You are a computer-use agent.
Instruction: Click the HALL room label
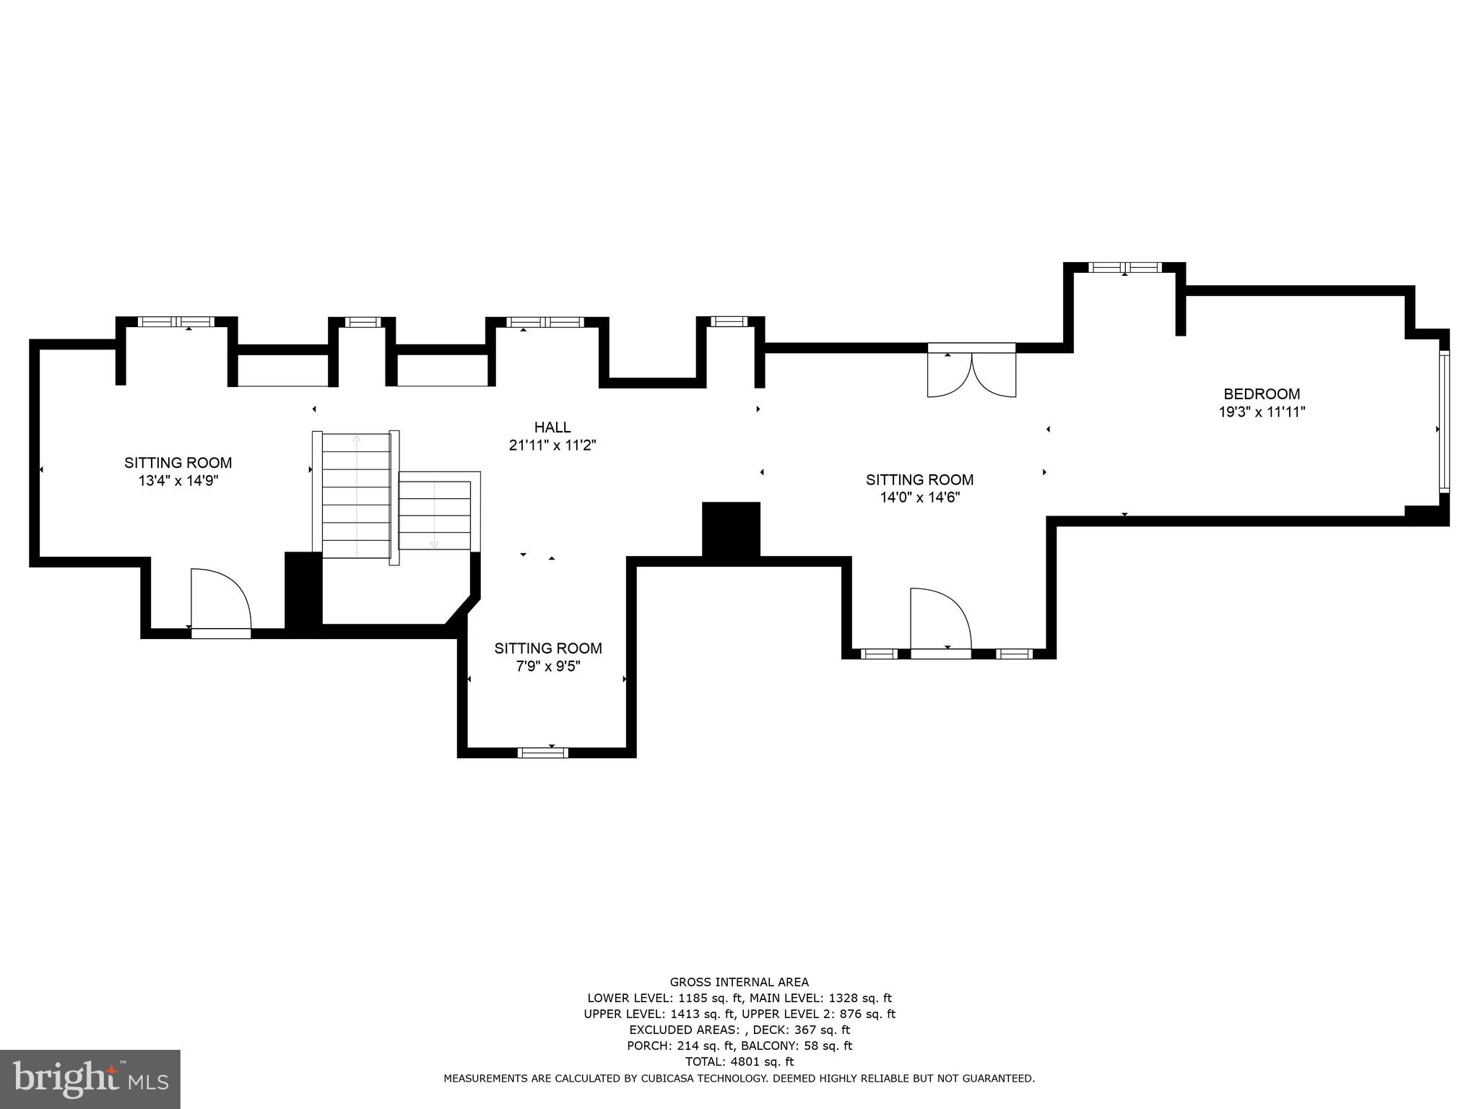tap(552, 427)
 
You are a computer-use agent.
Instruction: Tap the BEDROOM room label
tap(1262, 394)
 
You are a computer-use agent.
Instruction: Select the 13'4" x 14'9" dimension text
tap(178, 481)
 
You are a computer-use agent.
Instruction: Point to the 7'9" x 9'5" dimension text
tap(548, 666)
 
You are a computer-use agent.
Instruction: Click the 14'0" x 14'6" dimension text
tap(919, 497)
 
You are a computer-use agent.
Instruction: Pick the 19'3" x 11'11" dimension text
tap(1262, 412)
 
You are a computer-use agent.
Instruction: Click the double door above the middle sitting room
tap(972, 370)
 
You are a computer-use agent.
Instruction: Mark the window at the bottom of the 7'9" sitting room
tap(543, 753)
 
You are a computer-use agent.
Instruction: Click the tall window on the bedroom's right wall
tap(1444, 421)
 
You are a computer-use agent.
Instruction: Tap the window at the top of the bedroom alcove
tap(1125, 267)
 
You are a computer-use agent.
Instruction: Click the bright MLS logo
tap(90, 1078)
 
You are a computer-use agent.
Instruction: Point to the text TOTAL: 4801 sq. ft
tap(739, 1062)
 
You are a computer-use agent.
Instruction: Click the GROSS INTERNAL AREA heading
tap(739, 982)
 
